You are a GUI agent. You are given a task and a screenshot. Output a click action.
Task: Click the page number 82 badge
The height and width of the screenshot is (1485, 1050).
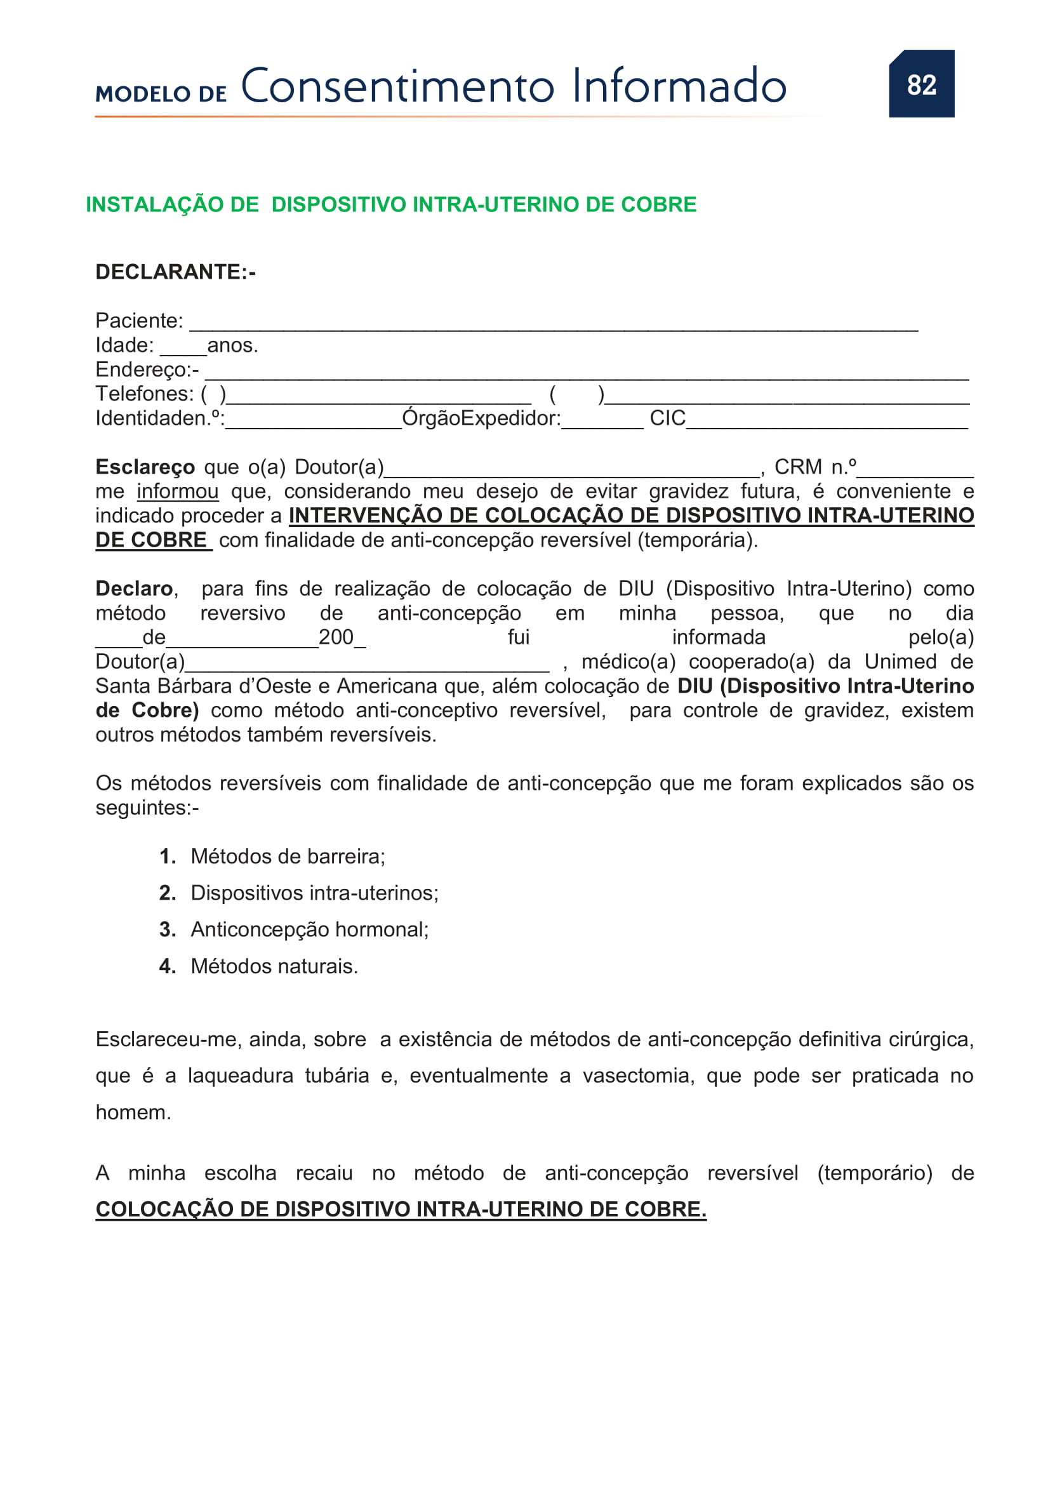(x=920, y=84)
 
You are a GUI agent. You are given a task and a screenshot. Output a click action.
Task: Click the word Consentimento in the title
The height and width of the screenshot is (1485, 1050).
(x=397, y=87)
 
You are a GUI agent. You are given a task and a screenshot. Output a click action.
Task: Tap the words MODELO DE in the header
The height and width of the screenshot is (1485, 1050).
(x=161, y=95)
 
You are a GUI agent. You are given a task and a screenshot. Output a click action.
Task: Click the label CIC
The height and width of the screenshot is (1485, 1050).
(x=667, y=418)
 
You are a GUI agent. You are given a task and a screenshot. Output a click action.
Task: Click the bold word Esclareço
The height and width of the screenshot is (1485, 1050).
(x=145, y=467)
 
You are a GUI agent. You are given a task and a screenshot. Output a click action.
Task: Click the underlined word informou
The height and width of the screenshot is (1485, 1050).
(x=177, y=491)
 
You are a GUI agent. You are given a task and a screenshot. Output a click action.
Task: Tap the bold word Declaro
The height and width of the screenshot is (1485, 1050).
(x=134, y=589)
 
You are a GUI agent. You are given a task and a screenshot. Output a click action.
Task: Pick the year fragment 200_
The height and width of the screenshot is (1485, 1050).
(x=342, y=637)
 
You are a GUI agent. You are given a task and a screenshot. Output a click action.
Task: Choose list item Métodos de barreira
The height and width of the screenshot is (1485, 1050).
(x=288, y=856)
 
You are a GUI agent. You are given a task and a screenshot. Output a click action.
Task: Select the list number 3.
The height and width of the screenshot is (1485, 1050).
(x=167, y=929)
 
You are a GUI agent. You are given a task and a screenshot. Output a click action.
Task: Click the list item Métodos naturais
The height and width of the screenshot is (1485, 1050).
(x=274, y=966)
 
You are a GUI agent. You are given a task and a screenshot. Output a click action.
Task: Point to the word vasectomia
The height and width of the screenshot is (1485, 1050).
(x=637, y=1075)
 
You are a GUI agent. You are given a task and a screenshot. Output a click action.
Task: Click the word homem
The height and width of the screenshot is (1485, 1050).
(x=133, y=1112)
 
